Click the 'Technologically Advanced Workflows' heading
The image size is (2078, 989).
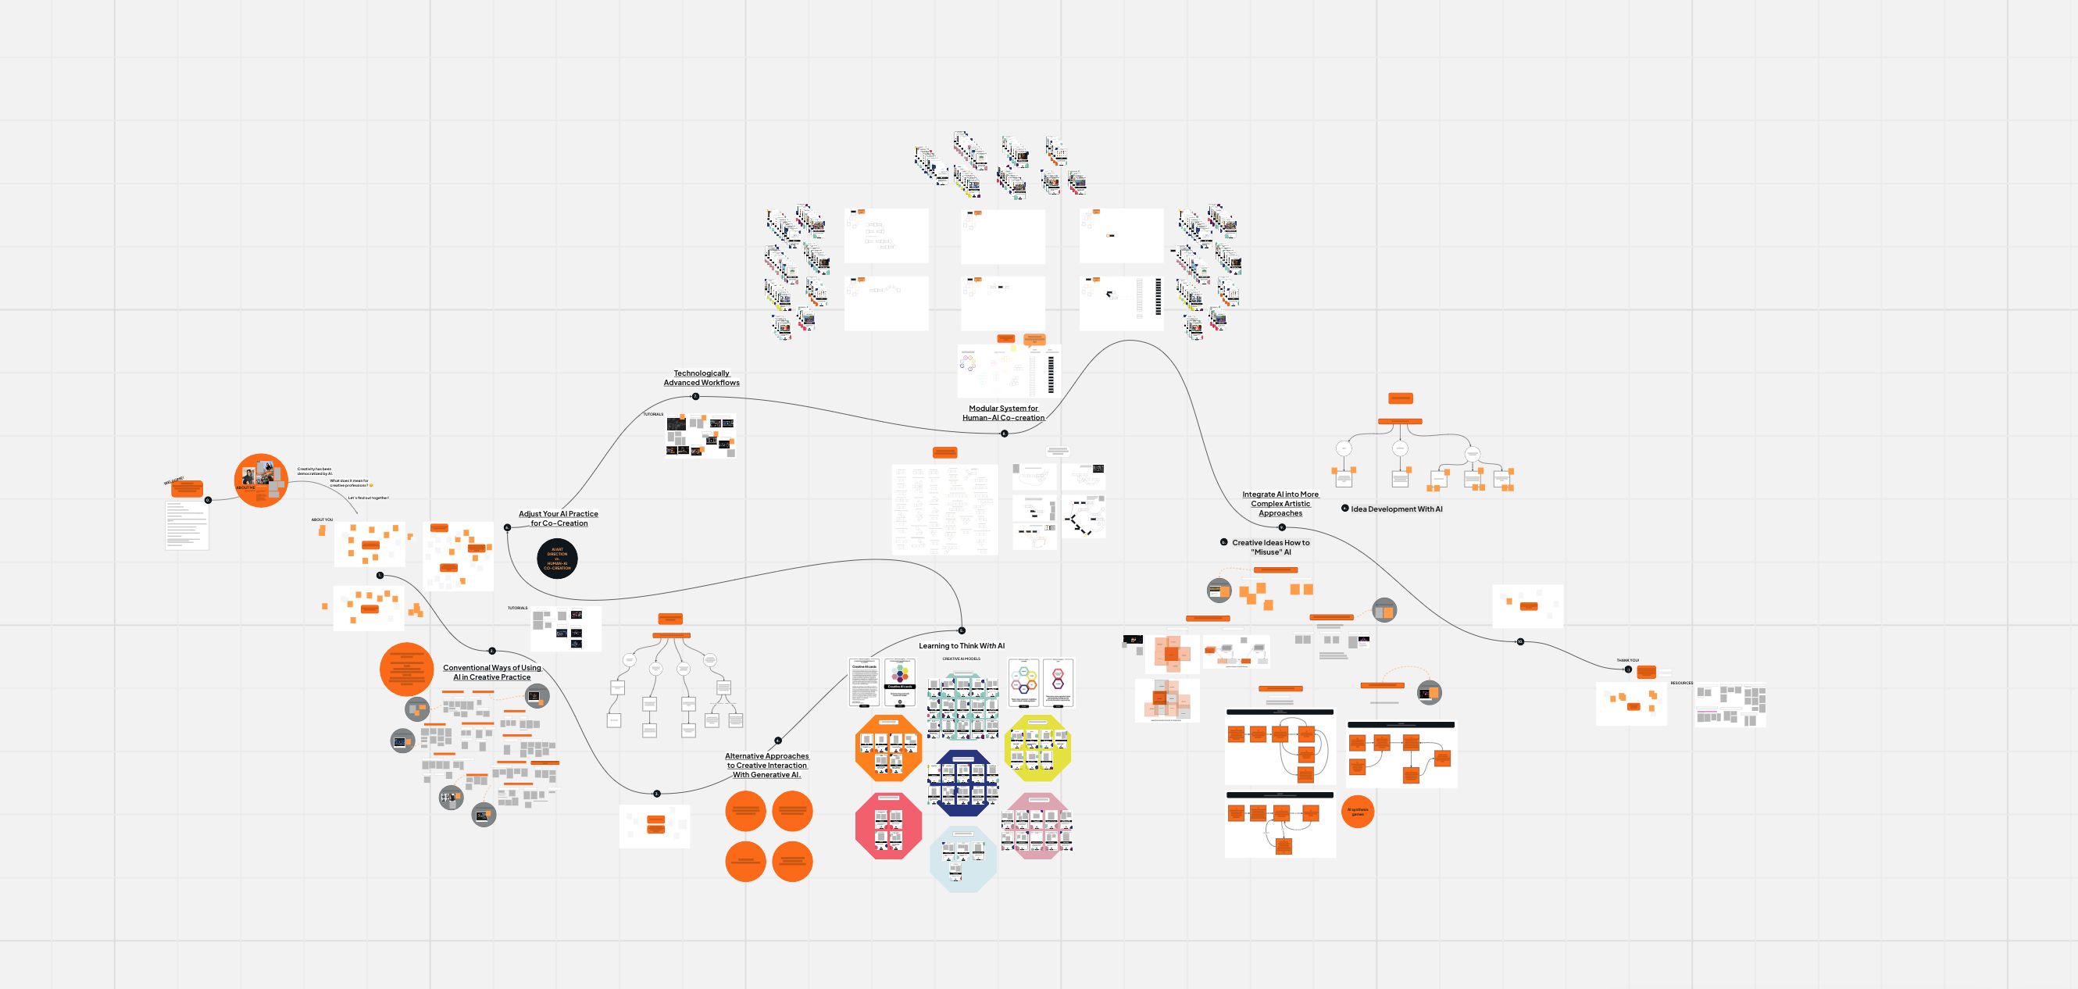[x=701, y=378]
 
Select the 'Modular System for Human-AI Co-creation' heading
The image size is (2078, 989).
[x=1003, y=413]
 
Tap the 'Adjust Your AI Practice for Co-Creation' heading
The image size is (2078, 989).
[x=559, y=519]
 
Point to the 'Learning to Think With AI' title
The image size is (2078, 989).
[x=962, y=646]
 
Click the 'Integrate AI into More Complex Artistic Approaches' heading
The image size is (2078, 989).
[x=1280, y=503]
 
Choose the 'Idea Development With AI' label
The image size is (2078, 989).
[x=1396, y=509]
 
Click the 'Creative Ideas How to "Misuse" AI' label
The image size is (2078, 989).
[x=1270, y=548]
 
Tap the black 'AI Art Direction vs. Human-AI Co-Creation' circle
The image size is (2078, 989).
[x=556, y=559]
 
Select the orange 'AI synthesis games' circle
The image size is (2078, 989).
[x=1358, y=812]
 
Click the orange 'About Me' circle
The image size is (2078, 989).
[x=259, y=480]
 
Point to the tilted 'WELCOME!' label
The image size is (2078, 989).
[x=174, y=480]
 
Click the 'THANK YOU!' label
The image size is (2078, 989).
[x=1627, y=660]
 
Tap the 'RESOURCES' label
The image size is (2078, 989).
[x=1681, y=684]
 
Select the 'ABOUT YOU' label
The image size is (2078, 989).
[x=322, y=519]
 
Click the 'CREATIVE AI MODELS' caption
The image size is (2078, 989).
[x=962, y=659]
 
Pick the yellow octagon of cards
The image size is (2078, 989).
[x=1037, y=748]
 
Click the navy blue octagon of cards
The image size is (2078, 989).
[x=962, y=783]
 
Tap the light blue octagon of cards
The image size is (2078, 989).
[x=962, y=859]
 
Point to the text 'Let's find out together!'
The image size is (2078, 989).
[x=368, y=498]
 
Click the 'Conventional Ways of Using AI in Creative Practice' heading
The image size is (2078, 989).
[x=491, y=673]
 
